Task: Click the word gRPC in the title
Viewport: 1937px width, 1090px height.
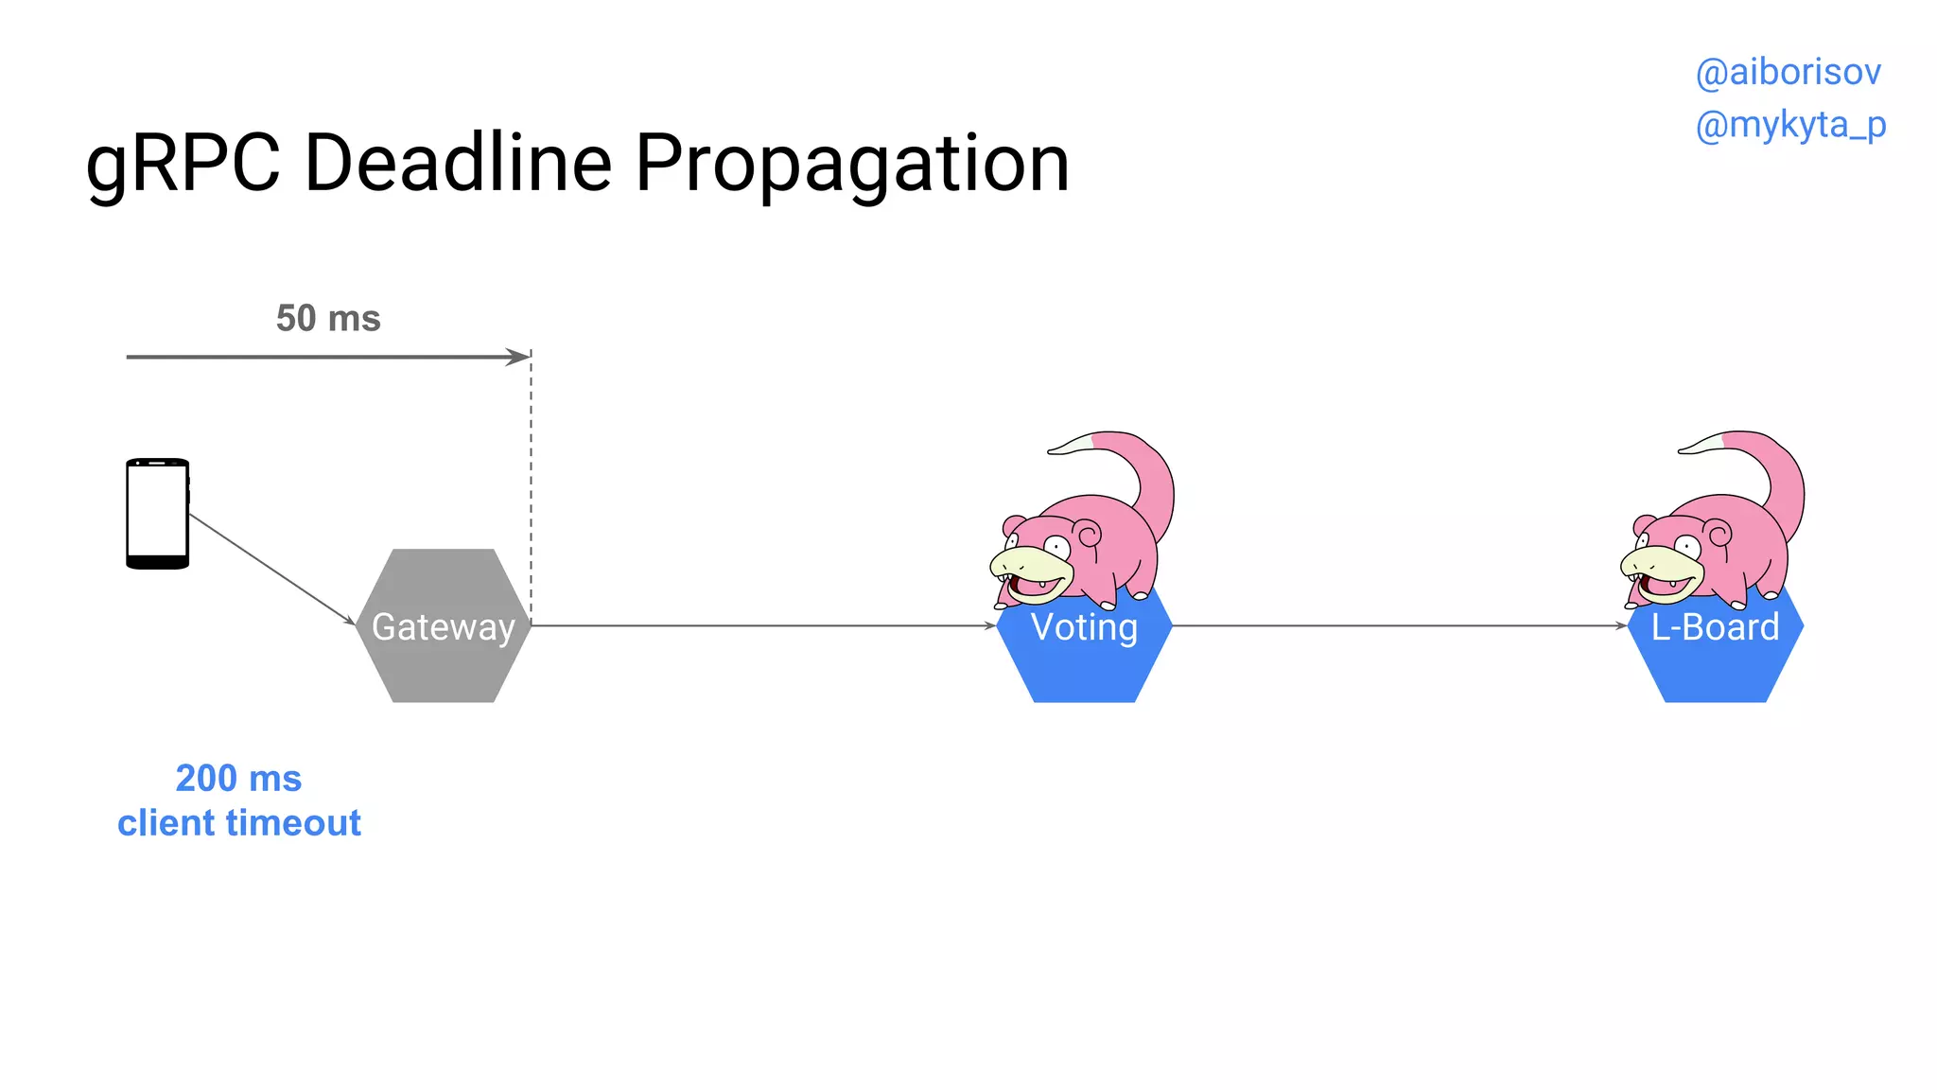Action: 183,164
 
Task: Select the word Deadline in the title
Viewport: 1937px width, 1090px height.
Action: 459,164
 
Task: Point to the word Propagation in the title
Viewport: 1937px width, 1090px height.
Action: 851,164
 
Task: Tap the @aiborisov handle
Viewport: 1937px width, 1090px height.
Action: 1788,73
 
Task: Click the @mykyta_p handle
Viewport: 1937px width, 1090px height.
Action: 1790,125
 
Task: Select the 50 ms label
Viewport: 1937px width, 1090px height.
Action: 328,319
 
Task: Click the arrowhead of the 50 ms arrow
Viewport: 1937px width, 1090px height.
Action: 519,357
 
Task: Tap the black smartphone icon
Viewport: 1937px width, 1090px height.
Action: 158,514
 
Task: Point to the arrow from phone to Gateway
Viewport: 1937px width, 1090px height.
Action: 271,570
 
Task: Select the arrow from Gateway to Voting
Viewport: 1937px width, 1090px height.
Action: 761,625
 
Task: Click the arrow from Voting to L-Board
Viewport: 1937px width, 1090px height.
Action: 1398,625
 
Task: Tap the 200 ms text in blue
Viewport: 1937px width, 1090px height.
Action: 238,779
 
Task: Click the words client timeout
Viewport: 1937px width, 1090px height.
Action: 239,823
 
